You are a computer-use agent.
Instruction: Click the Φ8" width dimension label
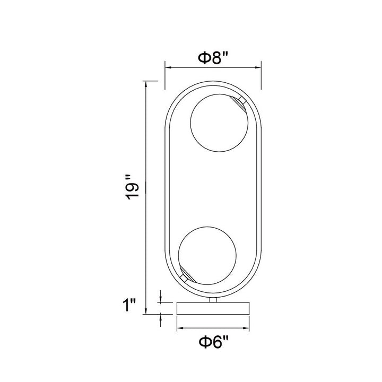pos(213,58)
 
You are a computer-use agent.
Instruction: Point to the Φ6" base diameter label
pos(214,342)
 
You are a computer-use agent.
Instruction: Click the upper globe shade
pos(219,123)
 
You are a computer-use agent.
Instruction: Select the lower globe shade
pos(207,256)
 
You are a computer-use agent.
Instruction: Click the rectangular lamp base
pos(213,308)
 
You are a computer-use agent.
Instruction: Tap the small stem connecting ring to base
pos(213,300)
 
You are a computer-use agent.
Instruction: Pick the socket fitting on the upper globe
pos(239,102)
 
